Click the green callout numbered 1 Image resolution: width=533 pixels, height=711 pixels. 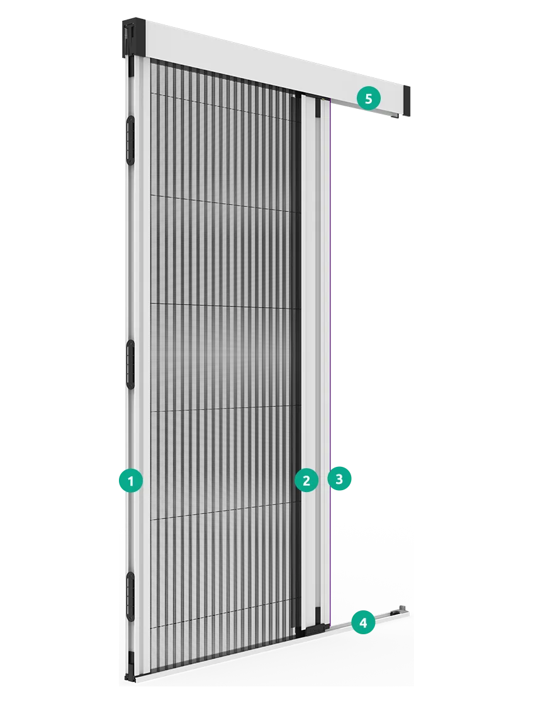click(131, 481)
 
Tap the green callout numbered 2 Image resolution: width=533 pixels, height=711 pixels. click(306, 480)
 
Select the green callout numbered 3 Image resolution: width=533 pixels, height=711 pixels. click(339, 478)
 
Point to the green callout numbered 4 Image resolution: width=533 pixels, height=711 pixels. click(363, 622)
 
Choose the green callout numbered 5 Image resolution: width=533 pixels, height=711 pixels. click(368, 98)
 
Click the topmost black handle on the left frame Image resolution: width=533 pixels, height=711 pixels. click(131, 140)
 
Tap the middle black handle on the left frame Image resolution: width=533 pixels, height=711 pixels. click(131, 364)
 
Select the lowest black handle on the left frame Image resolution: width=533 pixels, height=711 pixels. click(131, 596)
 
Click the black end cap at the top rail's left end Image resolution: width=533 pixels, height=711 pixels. click(133, 38)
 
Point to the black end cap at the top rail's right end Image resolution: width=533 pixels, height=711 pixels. click(407, 101)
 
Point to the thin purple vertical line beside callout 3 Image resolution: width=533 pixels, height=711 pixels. click(331, 363)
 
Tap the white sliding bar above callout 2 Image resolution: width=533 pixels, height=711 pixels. click(311, 281)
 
